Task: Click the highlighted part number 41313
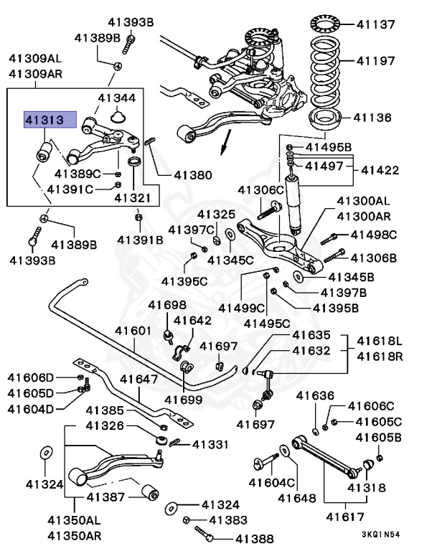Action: click(44, 120)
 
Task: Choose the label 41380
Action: click(192, 174)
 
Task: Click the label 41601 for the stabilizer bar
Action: click(133, 331)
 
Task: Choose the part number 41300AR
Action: click(364, 215)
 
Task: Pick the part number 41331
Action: click(210, 445)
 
